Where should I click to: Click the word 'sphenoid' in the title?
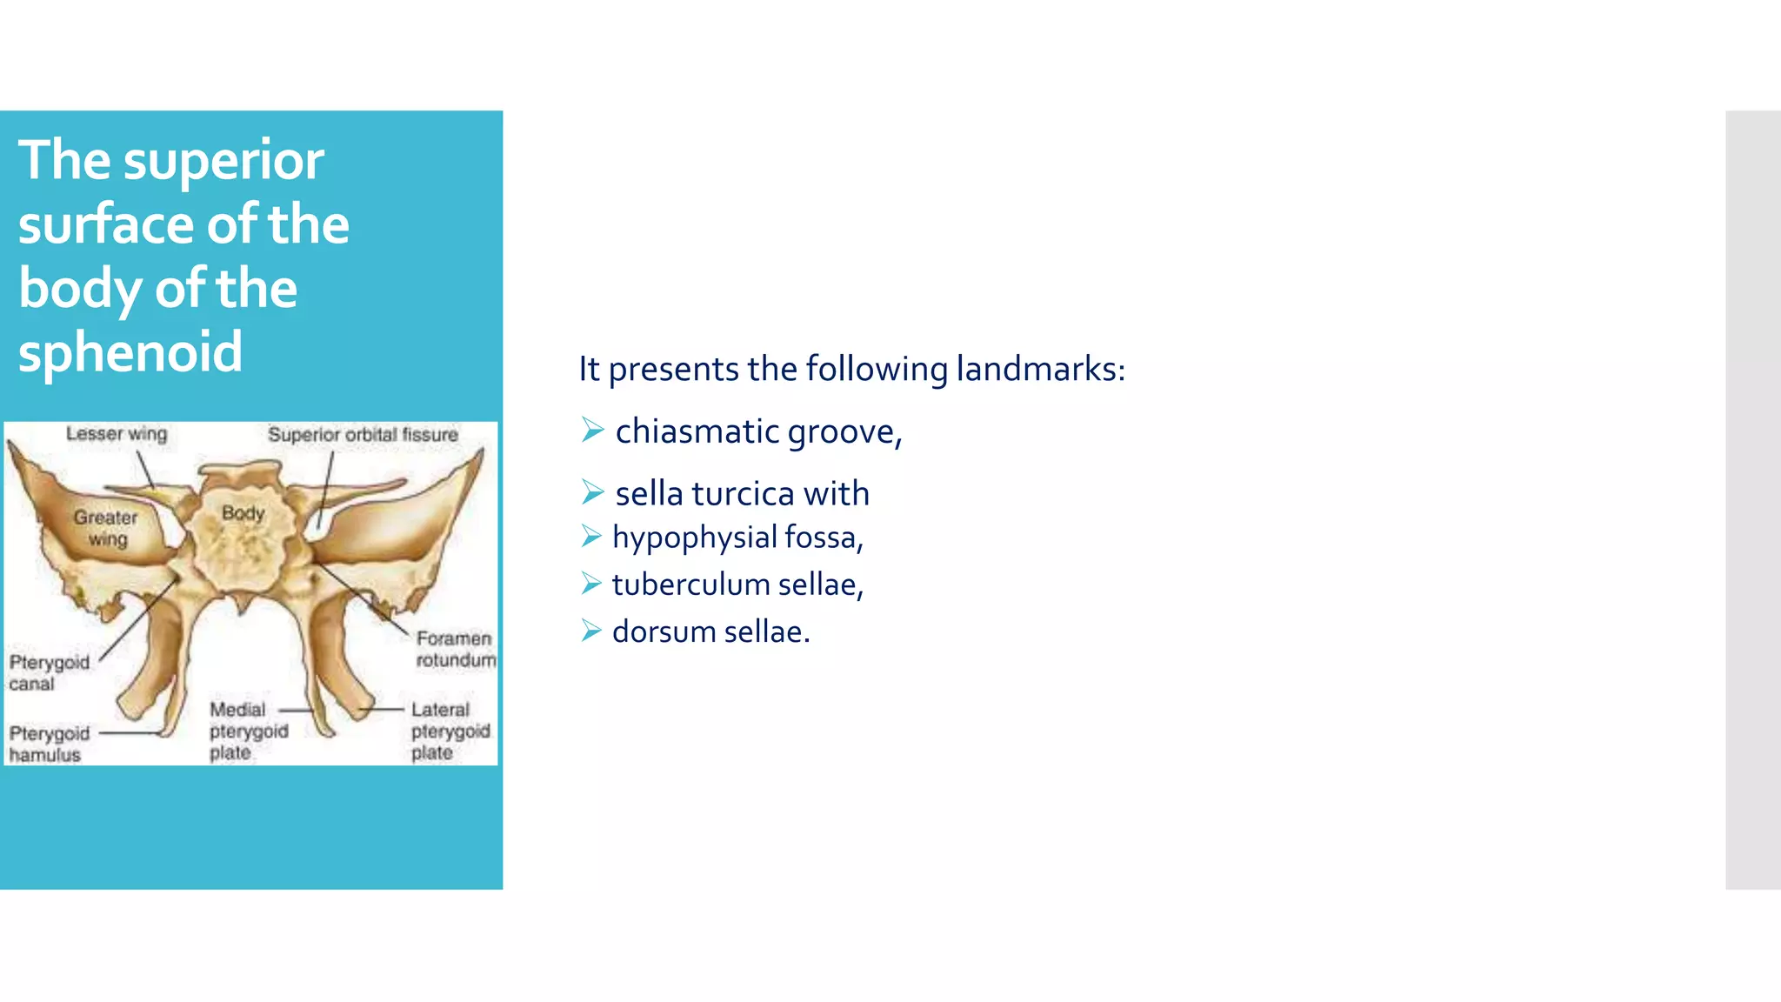(130, 352)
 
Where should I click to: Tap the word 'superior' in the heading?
(223, 162)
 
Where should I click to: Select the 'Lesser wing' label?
(117, 433)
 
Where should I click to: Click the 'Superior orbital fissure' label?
(363, 434)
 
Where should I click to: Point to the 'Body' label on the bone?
(243, 512)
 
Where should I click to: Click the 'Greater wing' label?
(105, 528)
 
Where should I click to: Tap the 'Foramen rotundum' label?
(455, 649)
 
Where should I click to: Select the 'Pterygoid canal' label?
(49, 672)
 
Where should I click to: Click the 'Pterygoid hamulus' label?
(49, 744)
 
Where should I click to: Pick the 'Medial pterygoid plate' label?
(248, 731)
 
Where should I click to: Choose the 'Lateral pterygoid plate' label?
(450, 731)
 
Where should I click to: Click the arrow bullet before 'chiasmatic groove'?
(592, 430)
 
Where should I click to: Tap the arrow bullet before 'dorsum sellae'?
(591, 631)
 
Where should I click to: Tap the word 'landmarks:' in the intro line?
(1040, 369)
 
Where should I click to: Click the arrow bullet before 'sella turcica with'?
(592, 492)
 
